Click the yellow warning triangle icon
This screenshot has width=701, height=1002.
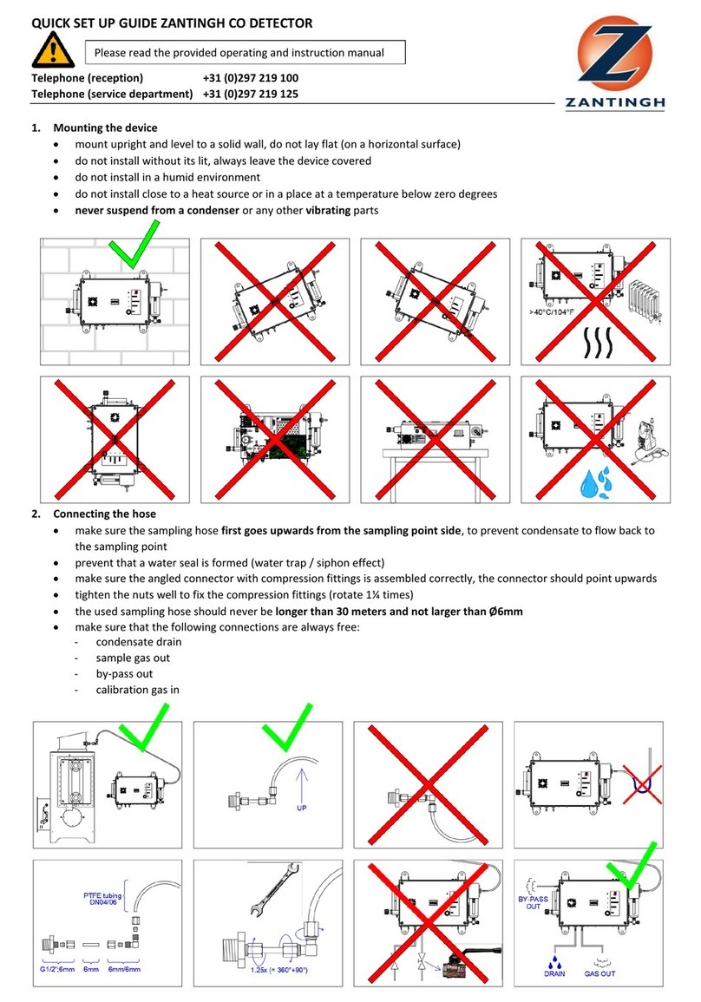tap(53, 50)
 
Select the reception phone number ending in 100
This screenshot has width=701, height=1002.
tap(251, 78)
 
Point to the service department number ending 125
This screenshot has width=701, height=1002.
tap(251, 94)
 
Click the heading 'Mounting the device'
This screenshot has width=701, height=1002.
tap(105, 128)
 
